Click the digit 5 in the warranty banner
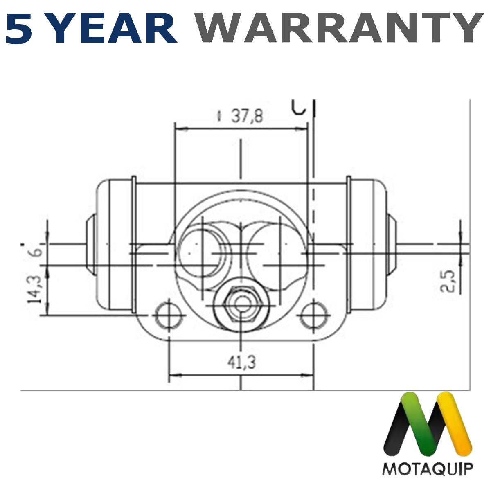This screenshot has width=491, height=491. click(19, 28)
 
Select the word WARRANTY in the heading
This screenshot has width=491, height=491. click(339, 28)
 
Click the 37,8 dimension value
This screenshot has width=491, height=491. click(247, 117)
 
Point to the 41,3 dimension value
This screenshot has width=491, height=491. click(242, 362)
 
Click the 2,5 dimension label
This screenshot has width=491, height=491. click(448, 281)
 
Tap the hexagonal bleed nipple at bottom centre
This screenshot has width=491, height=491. click(241, 304)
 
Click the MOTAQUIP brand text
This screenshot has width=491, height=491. click(428, 468)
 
